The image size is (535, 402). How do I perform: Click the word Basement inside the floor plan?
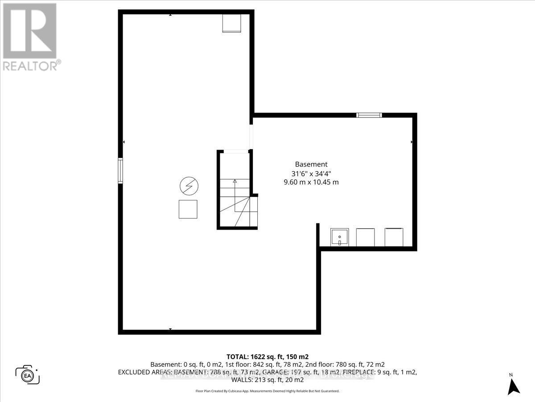(311, 164)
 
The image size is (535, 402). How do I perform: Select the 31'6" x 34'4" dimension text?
(311, 173)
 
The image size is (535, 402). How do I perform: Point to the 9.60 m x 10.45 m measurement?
(311, 182)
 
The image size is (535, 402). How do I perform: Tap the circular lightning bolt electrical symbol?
(189, 186)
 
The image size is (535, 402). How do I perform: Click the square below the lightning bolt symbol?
(188, 209)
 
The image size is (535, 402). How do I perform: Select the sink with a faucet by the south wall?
(339, 237)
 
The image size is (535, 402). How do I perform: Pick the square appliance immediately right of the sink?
(366, 237)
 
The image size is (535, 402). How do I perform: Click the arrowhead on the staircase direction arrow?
(235, 181)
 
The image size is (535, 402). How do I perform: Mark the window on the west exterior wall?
(120, 171)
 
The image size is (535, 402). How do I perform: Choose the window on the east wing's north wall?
(369, 115)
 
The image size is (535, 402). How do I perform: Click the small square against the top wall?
(232, 23)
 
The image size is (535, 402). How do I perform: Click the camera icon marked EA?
(28, 374)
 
